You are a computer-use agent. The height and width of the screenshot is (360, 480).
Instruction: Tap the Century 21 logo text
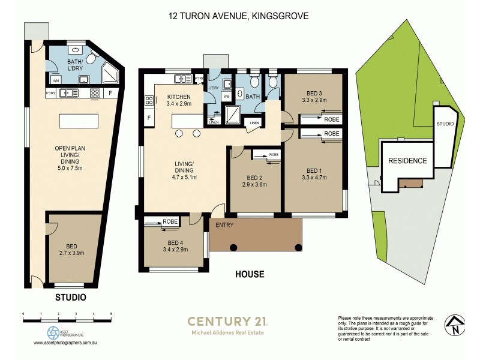227,321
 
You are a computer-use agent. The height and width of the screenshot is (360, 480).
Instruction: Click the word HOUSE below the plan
250,275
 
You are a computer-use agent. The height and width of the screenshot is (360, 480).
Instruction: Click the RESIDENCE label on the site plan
407,161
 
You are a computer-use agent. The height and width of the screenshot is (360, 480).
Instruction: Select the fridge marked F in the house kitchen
148,118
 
